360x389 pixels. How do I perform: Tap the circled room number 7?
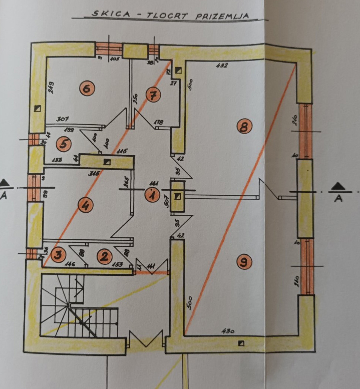[x=153, y=95]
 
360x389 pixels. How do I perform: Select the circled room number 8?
[x=244, y=127]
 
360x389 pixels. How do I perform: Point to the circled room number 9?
[x=245, y=261]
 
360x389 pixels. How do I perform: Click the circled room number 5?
[x=63, y=144]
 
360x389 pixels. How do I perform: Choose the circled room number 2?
[x=105, y=257]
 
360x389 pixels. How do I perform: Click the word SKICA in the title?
[x=106, y=14]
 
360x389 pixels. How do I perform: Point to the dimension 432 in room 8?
[x=222, y=65]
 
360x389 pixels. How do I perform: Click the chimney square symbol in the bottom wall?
[x=241, y=343]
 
